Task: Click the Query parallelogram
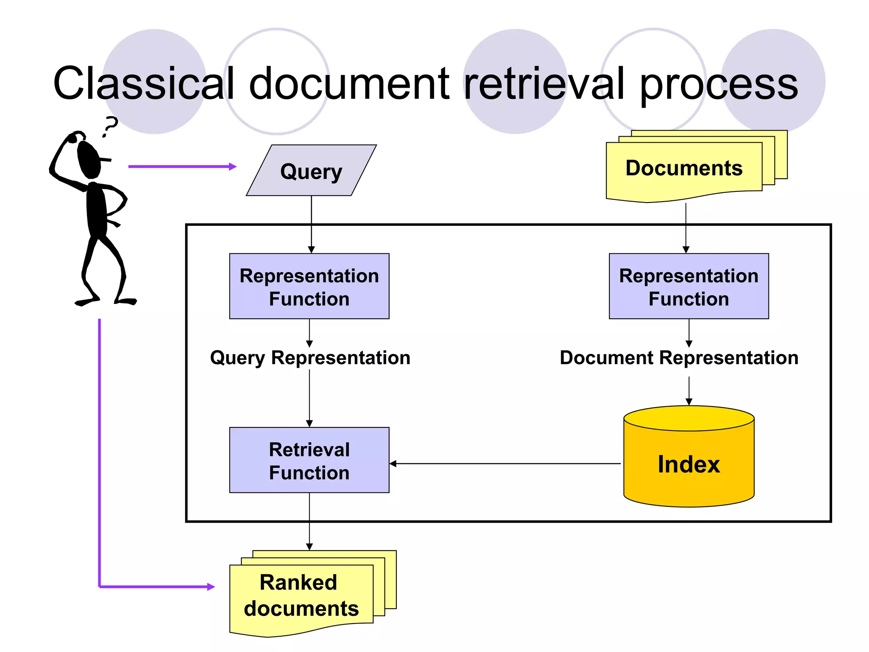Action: (x=311, y=171)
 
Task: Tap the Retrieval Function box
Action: (x=309, y=460)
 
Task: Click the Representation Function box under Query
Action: (x=309, y=287)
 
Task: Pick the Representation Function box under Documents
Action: (x=688, y=287)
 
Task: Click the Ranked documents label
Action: (x=301, y=595)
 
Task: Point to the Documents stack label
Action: (x=684, y=168)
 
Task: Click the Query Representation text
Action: (x=310, y=358)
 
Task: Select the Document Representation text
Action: (x=678, y=358)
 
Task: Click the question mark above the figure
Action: (x=111, y=126)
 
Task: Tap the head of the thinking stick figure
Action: (x=90, y=159)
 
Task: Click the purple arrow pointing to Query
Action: (x=182, y=166)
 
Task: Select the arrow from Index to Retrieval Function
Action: (x=505, y=464)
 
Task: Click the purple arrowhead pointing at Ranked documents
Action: (x=211, y=587)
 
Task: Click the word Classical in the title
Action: (x=143, y=84)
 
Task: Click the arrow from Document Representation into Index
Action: (x=689, y=391)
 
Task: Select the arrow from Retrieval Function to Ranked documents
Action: (x=309, y=522)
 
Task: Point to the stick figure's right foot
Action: (x=126, y=301)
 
